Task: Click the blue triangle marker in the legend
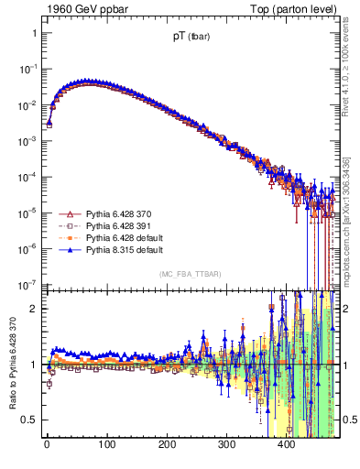click(68, 249)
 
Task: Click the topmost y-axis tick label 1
click(33, 33)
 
